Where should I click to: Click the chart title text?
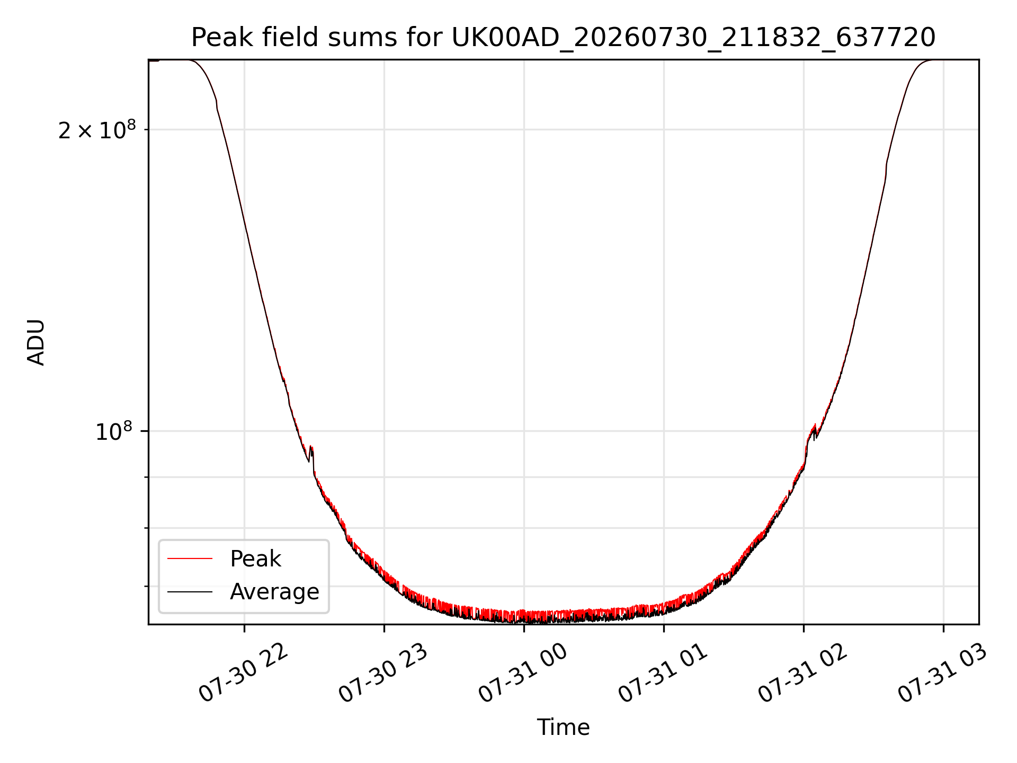tap(563, 38)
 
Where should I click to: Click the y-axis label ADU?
tap(36, 342)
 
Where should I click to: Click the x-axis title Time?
tap(563, 727)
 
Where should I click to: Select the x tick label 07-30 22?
tap(243, 673)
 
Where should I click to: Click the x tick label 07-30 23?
tap(383, 673)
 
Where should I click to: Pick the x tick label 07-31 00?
tap(523, 673)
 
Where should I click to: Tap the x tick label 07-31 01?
tap(663, 673)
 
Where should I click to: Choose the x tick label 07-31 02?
tap(802, 673)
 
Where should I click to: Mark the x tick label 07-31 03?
tap(942, 673)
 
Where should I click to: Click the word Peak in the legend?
tap(255, 559)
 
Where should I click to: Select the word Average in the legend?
tap(274, 592)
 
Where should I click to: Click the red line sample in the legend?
tap(190, 558)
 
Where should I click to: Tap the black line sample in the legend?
tap(190, 591)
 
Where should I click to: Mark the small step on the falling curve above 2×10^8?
tap(217, 105)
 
